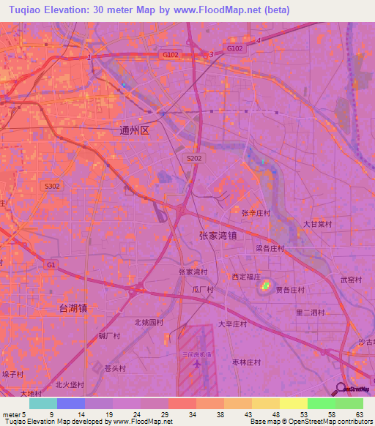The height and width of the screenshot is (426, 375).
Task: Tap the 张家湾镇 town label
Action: coord(217,236)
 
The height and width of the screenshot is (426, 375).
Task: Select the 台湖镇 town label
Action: coord(73,309)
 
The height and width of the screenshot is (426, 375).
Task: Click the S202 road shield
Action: coord(194,157)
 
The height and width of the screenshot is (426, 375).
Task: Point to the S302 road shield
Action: coord(52,186)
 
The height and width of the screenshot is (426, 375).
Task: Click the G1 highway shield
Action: coord(51,264)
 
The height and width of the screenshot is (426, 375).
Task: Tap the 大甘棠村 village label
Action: coord(318,224)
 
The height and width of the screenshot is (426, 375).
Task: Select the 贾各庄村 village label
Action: coord(290,290)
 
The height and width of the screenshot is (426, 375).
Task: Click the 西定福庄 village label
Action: coord(246,277)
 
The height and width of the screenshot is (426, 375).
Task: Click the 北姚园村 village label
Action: coord(149,321)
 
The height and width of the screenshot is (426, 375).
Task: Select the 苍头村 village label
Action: coord(116,368)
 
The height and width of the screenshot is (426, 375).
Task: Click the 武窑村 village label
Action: coord(352,280)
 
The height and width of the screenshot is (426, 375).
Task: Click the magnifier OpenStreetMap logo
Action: coord(342,389)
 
